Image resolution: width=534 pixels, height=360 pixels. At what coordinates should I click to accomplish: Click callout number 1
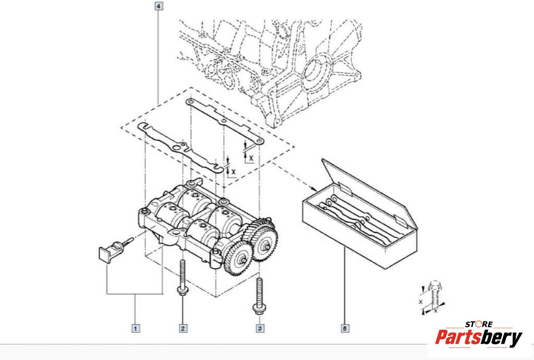point(135,328)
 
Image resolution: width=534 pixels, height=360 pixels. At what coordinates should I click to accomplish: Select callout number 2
point(183,328)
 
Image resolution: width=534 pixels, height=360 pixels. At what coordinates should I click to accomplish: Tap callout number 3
point(259,328)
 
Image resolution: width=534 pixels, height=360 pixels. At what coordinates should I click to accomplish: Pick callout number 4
point(159,7)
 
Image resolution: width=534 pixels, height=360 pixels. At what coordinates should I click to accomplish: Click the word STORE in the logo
point(479,325)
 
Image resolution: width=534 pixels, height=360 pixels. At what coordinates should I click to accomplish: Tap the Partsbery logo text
point(478,338)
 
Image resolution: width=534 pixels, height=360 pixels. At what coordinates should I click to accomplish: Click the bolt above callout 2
point(183,277)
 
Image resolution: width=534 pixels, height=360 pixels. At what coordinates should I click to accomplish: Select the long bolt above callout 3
point(259,295)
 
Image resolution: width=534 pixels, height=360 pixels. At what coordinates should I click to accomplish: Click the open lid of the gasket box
point(365,188)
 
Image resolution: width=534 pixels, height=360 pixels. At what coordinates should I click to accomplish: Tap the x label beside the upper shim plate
point(251,157)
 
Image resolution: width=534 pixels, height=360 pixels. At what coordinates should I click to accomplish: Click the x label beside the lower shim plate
point(233,171)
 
